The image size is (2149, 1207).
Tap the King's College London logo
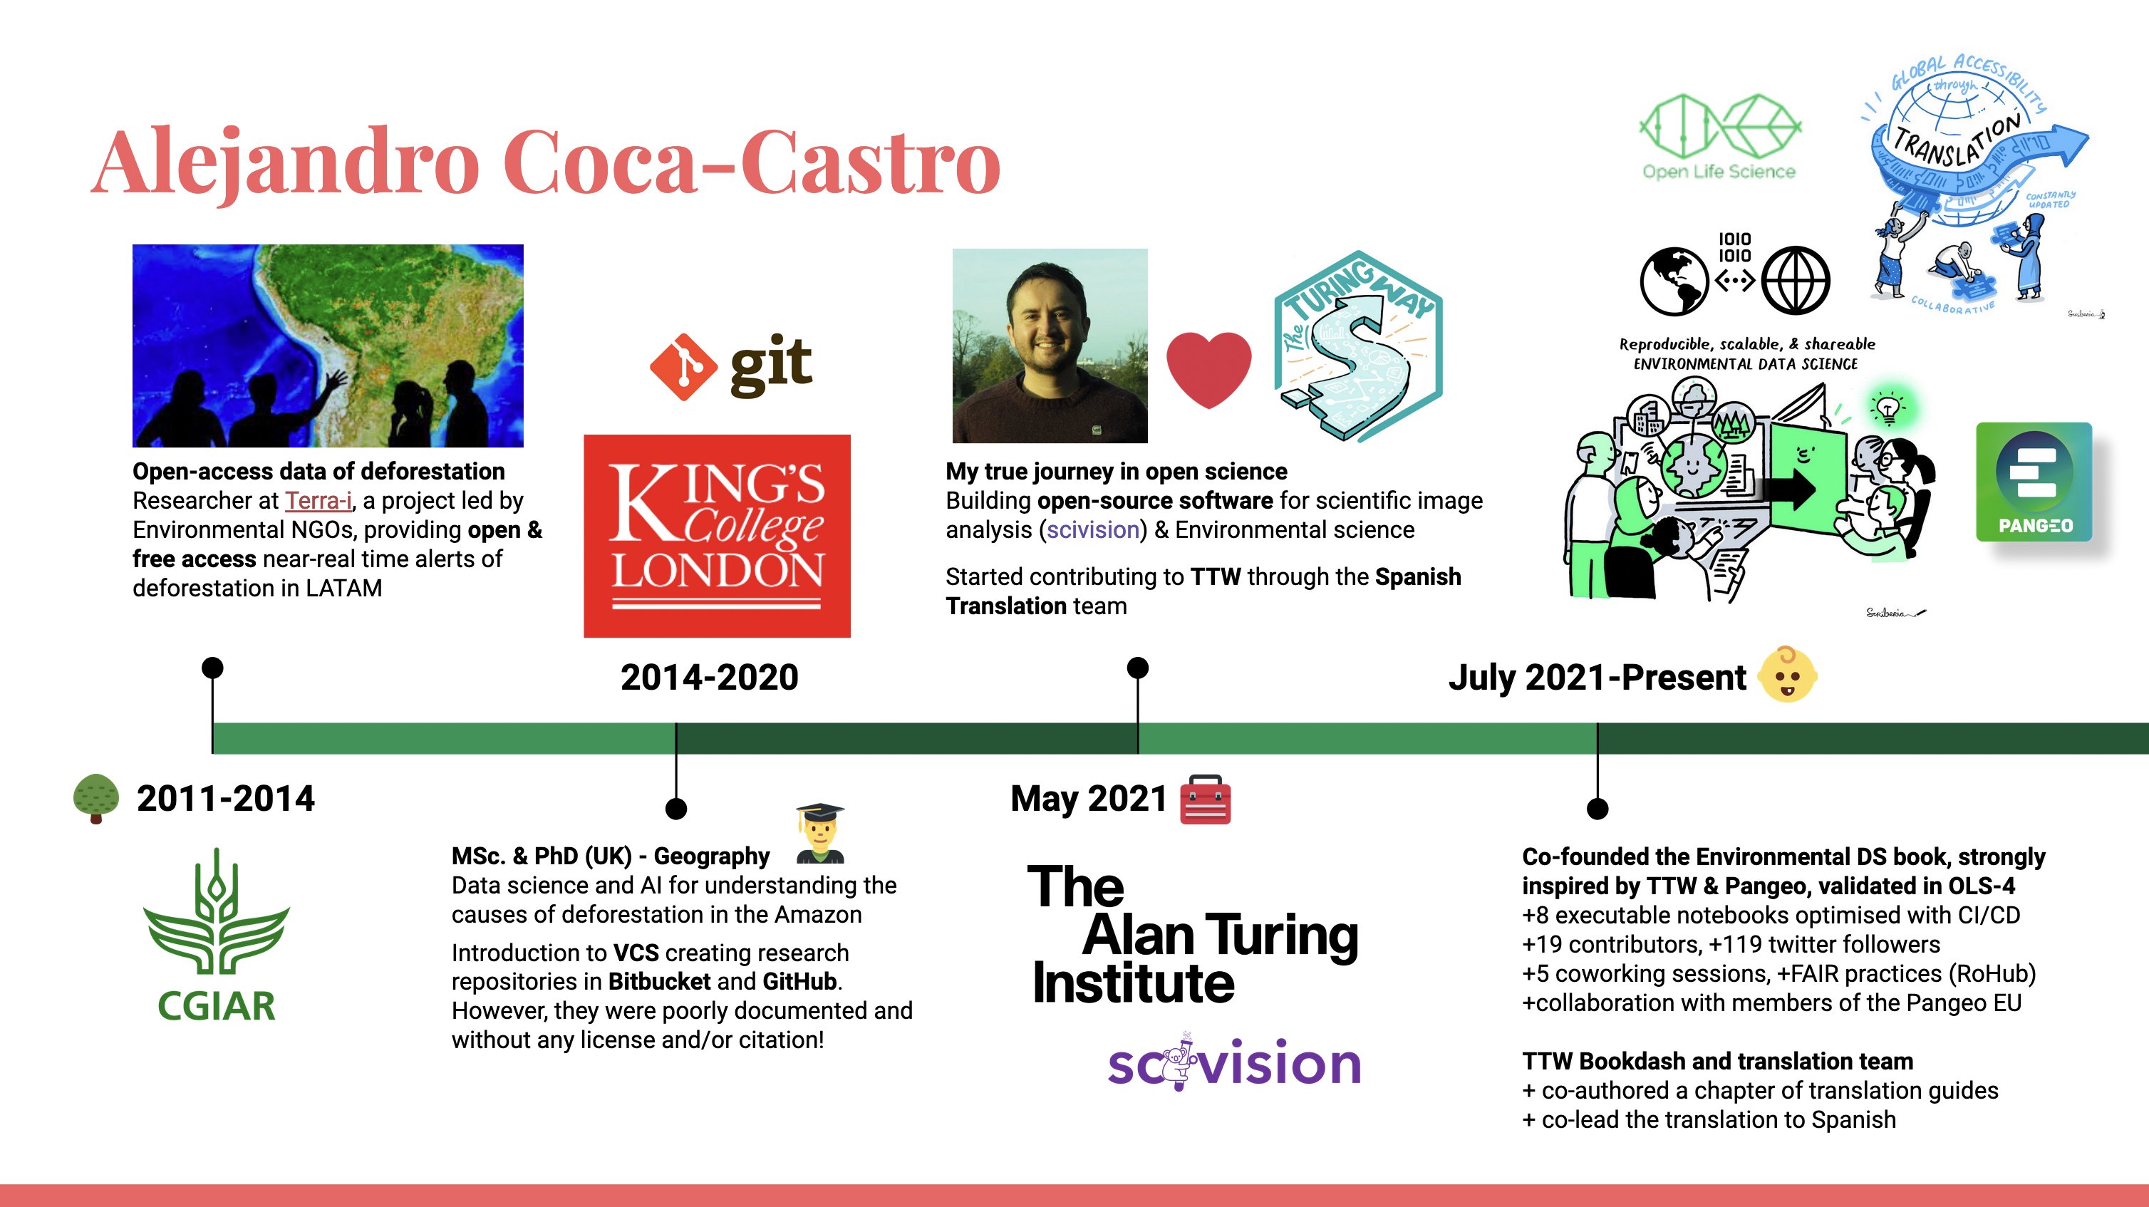717,536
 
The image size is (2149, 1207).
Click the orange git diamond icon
683,367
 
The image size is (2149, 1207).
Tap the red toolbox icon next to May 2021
1206,799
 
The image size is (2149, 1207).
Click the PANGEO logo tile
2034,482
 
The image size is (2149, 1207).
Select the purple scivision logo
1235,1062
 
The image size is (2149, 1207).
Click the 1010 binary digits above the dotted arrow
1734,248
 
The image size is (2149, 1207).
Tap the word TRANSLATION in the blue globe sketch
1957,142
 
